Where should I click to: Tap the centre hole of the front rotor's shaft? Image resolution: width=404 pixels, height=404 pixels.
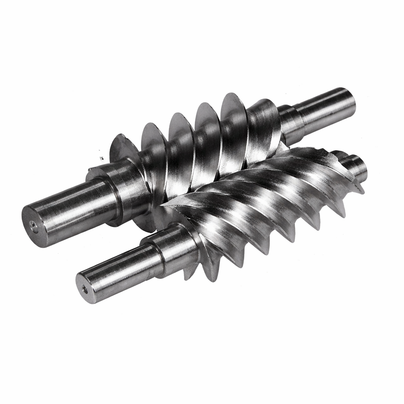[85, 290]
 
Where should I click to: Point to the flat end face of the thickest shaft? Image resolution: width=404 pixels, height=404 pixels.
[35, 226]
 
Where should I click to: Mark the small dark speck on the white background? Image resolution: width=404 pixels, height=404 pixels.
[101, 158]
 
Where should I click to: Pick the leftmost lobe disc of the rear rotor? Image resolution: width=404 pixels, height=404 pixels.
[122, 150]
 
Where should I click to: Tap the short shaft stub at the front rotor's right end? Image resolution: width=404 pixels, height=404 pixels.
[355, 166]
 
